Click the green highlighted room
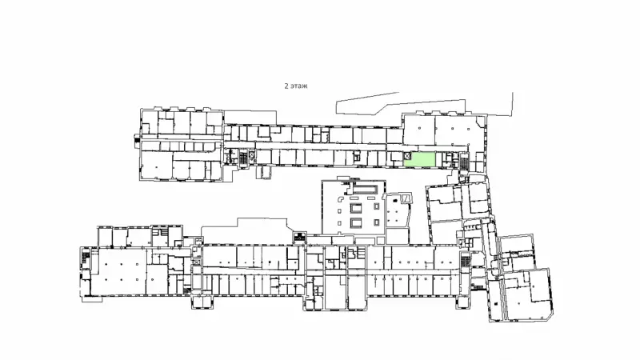(419, 159)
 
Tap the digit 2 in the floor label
(286, 86)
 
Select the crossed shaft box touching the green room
(407, 155)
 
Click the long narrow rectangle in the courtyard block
(366, 189)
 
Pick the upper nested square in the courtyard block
(356, 209)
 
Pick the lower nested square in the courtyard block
(356, 223)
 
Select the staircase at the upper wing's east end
(464, 161)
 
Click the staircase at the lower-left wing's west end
(86, 258)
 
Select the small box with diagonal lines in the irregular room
(407, 198)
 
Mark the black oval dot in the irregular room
(394, 202)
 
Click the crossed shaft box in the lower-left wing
(197, 262)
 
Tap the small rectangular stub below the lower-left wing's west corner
(92, 299)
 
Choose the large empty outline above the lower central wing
(244, 231)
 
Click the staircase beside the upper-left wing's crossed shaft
(243, 158)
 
